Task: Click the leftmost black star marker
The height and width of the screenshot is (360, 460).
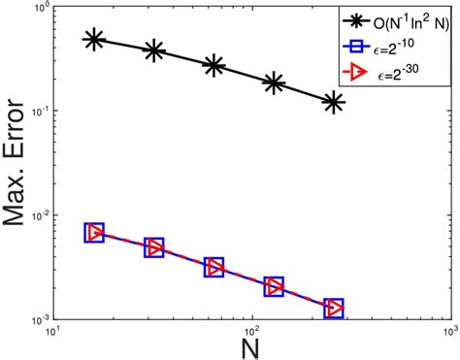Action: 94,40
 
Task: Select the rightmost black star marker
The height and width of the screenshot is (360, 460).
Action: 334,102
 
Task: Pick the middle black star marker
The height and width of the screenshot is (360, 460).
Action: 214,66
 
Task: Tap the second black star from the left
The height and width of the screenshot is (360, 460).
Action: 154,51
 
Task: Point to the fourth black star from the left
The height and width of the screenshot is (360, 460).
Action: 275,83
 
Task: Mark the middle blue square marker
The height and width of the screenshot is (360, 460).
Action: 214,268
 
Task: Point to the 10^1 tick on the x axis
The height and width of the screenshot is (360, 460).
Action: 55,335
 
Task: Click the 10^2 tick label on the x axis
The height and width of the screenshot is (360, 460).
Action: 253,335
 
